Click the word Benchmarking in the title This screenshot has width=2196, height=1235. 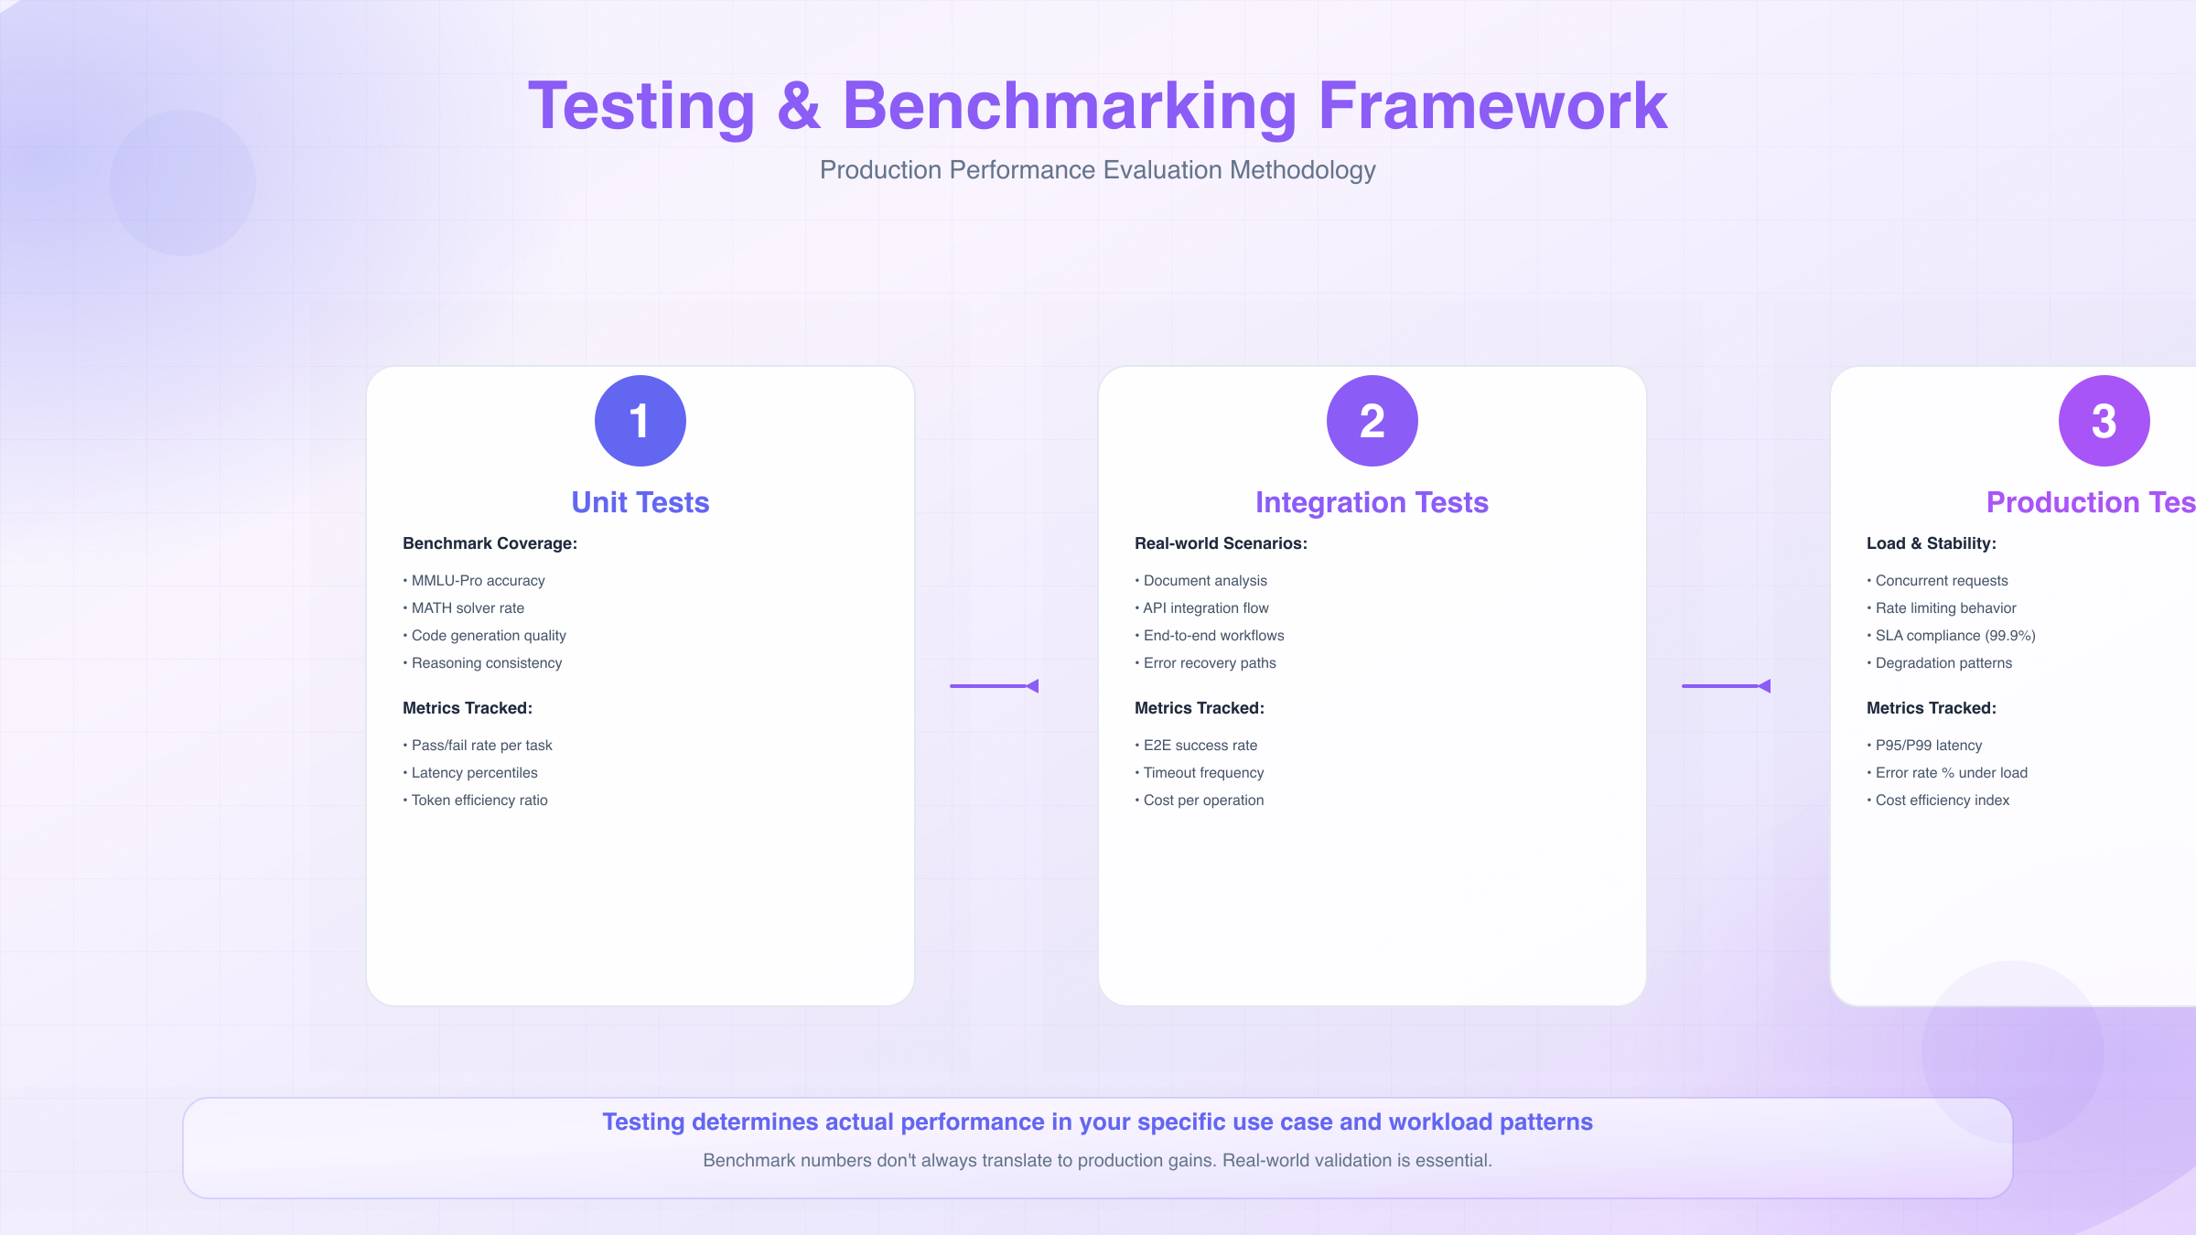click(1069, 108)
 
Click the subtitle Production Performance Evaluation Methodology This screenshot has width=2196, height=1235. click(1097, 170)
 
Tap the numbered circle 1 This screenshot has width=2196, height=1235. click(640, 421)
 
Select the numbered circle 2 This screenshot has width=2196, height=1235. click(1372, 421)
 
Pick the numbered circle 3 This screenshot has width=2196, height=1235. click(2104, 421)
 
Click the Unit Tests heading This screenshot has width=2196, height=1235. click(640, 502)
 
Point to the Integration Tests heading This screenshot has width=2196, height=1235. click(1372, 502)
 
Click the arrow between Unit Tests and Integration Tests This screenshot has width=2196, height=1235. click(995, 686)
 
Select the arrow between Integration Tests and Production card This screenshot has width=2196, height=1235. click(1727, 686)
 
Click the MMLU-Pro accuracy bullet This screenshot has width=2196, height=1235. click(478, 581)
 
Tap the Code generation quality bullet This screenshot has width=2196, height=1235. click(489, 636)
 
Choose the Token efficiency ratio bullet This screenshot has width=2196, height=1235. click(479, 800)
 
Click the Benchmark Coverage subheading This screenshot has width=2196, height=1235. click(490, 543)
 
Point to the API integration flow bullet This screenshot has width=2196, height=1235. click(1206, 608)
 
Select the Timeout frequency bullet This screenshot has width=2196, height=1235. click(1203, 773)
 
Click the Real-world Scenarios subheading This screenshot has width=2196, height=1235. click(1221, 543)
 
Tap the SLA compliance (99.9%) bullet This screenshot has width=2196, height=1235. click(1955, 636)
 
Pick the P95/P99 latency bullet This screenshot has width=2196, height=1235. click(1929, 746)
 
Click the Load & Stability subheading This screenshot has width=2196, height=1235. click(1931, 543)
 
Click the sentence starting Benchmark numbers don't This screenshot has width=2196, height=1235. click(1097, 1161)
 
